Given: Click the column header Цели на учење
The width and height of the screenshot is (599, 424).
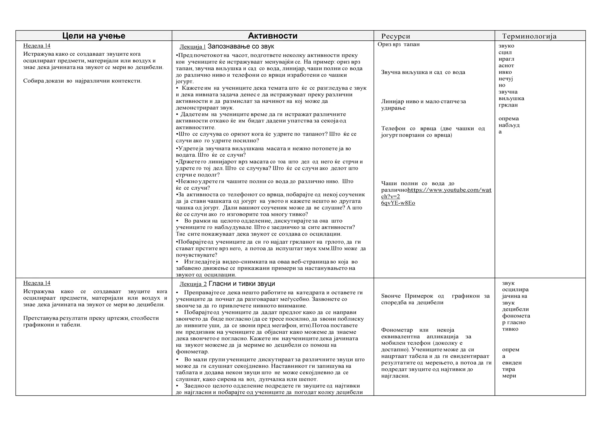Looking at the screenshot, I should [94, 36].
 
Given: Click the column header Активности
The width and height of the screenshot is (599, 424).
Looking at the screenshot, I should [273, 36].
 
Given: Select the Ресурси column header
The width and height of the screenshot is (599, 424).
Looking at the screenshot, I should [395, 36].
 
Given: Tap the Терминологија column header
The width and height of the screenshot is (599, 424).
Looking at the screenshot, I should [529, 36].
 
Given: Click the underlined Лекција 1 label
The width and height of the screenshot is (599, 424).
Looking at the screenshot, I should [192, 47].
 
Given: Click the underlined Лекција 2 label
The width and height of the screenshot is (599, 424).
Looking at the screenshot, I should [193, 284].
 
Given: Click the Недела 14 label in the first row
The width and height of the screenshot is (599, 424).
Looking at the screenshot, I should [37, 46].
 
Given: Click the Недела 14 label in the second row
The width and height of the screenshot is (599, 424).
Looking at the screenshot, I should [37, 283].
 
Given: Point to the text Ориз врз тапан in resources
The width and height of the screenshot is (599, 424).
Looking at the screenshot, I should [398, 45].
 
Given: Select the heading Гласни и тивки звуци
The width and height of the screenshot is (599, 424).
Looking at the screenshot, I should [242, 284].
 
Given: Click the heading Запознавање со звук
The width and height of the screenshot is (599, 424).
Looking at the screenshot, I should [241, 47].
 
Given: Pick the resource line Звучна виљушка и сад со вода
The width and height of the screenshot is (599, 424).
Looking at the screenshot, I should [423, 72].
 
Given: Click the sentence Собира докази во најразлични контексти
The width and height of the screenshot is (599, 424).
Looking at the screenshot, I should [82, 81].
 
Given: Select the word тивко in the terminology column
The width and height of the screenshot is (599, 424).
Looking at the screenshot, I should [510, 329].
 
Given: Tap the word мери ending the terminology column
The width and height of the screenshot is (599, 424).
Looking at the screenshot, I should [509, 376].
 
